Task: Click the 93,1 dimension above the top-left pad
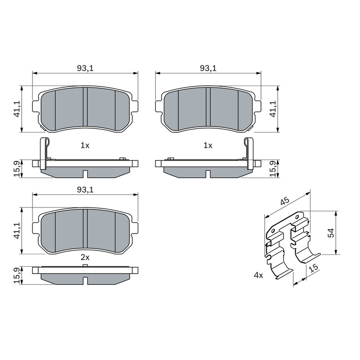pos(85,68)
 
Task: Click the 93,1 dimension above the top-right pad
pos(208,68)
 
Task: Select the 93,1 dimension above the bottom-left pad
pos(85,189)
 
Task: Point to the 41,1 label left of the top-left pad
pos(17,109)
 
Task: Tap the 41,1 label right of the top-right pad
pos(273,109)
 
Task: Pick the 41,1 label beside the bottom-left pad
pos(17,231)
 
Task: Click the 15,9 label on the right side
pos(273,169)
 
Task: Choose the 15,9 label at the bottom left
pos(17,275)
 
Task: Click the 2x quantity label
pos(85,257)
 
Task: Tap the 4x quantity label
pos(258,275)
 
